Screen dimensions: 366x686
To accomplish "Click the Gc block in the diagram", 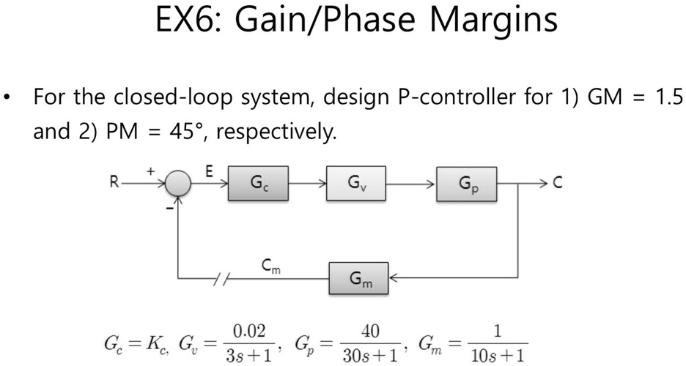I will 257,183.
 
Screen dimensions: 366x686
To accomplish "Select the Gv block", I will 358,183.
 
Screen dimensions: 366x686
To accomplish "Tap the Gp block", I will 467,184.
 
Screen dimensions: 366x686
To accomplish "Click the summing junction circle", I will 177,184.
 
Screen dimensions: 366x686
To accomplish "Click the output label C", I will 558,183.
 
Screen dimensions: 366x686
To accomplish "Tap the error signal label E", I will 210,172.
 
